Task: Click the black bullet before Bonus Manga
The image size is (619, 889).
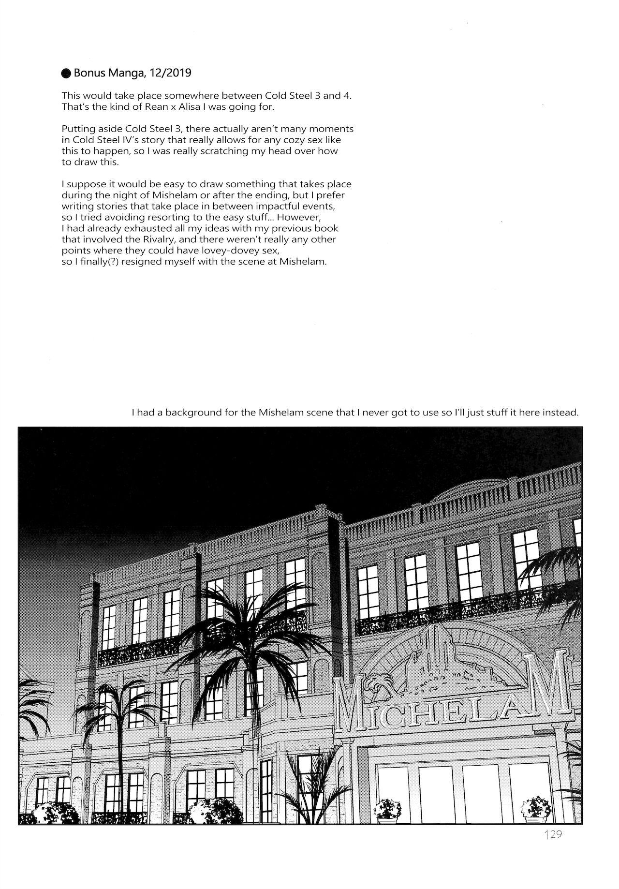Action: coord(66,74)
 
